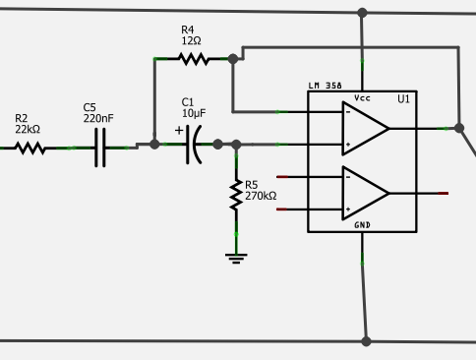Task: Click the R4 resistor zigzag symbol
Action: (193, 59)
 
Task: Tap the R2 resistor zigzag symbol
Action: (30, 149)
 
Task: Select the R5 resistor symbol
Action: (236, 195)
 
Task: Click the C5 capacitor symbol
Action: (99, 149)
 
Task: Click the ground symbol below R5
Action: (236, 258)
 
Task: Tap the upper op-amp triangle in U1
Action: (365, 128)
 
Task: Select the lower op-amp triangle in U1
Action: (365, 193)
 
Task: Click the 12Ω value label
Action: (191, 41)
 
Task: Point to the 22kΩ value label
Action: (28, 130)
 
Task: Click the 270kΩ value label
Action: (261, 196)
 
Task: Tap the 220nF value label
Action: (98, 118)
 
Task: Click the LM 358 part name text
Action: (326, 87)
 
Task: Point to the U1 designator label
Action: (403, 99)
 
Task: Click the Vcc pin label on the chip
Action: (362, 97)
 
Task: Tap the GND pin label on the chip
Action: (362, 225)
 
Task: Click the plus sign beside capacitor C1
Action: (179, 130)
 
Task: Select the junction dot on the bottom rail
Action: (366, 341)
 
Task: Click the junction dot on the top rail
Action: (362, 13)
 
